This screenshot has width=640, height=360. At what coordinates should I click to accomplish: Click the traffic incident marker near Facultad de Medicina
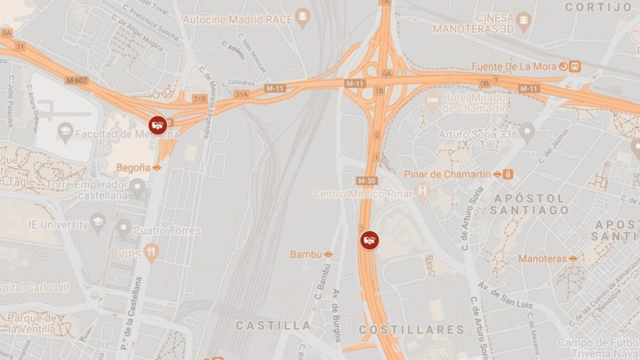click(x=158, y=124)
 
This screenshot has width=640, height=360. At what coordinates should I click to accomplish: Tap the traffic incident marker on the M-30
click(x=369, y=240)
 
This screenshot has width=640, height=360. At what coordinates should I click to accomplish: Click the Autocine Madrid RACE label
click(x=239, y=19)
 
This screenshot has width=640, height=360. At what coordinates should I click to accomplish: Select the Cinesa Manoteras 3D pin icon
click(x=524, y=23)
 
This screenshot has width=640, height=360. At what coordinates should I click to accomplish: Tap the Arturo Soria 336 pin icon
click(x=527, y=133)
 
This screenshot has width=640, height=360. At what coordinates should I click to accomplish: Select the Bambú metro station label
click(x=305, y=255)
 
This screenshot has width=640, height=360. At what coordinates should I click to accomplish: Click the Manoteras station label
click(x=543, y=258)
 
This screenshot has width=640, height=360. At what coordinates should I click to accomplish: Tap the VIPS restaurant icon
click(x=151, y=253)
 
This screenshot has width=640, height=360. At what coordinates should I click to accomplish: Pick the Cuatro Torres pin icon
click(x=124, y=229)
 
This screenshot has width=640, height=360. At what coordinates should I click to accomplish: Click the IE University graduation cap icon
click(x=98, y=223)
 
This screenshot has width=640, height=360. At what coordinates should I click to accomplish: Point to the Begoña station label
click(x=133, y=167)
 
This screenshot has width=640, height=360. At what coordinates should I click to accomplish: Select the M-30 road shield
click(x=367, y=180)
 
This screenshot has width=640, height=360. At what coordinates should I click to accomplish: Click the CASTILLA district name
click(x=273, y=325)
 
